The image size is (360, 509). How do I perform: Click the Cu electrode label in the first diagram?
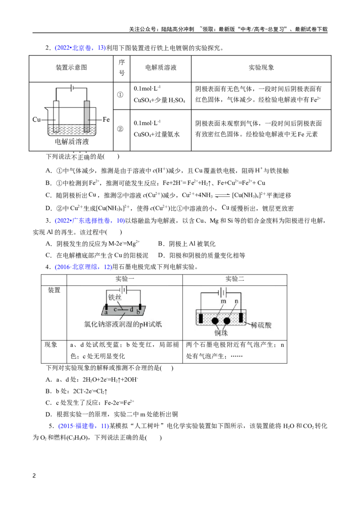point(36,120)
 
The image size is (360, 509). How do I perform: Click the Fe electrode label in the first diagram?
point(106,120)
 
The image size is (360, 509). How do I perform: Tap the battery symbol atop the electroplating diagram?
point(72,88)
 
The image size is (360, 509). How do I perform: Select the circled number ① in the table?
point(120,95)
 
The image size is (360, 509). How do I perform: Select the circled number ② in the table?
point(120,129)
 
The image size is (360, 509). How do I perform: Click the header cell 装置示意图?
point(71,67)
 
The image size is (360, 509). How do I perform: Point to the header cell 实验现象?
point(261,67)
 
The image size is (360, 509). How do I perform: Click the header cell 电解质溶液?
point(161,67)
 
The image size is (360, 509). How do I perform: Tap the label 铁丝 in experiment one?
point(115,297)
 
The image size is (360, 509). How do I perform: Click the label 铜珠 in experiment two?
point(221,333)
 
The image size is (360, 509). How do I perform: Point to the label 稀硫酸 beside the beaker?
point(261,325)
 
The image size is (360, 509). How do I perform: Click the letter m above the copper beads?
point(223,301)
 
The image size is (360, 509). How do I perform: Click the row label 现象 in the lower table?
point(51,345)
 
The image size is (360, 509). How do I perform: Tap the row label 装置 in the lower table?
point(54,290)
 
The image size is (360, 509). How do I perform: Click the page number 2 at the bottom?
point(34,476)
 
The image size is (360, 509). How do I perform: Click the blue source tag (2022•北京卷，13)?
point(80,48)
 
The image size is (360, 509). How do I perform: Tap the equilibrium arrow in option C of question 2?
point(222,196)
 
